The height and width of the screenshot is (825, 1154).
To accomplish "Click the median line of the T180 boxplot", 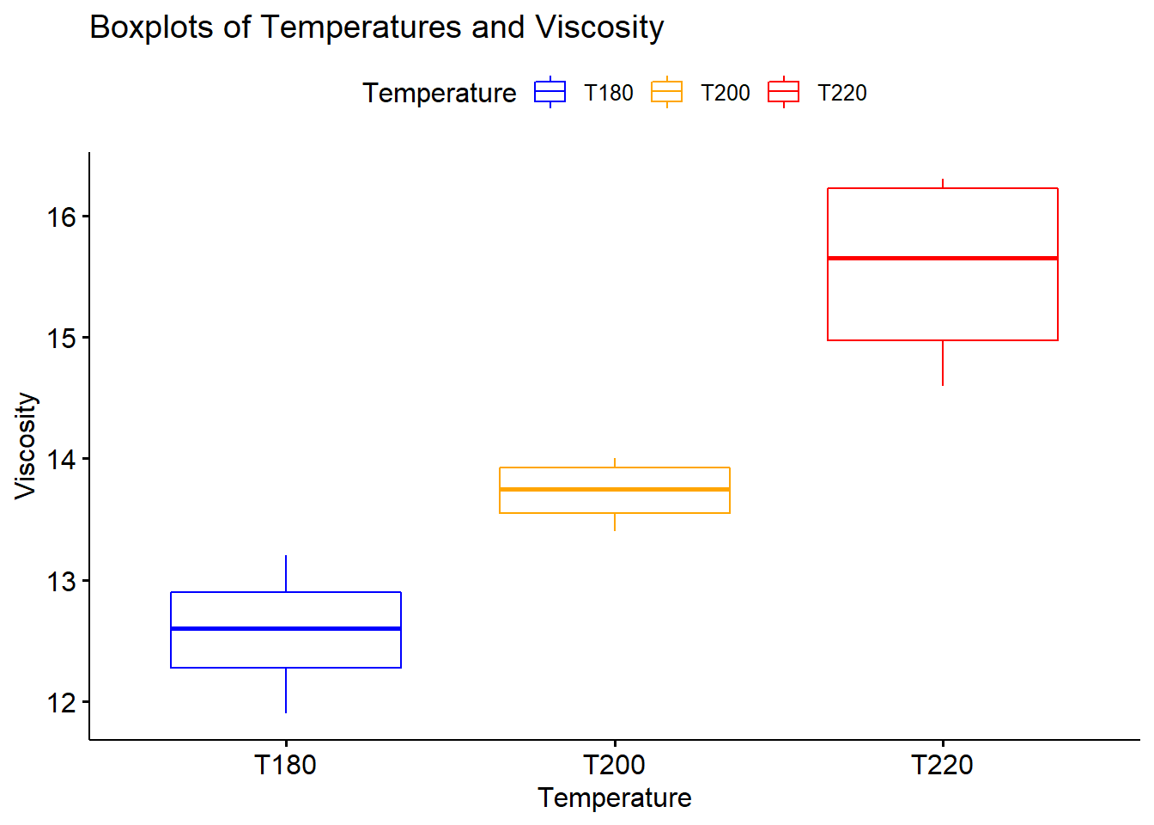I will point(286,628).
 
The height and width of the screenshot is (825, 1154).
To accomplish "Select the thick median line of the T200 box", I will point(615,489).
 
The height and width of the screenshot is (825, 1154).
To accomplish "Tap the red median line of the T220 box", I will point(943,258).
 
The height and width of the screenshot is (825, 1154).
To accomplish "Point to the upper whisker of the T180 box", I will point(286,574).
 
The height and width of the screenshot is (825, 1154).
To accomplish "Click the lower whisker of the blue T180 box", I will point(286,690).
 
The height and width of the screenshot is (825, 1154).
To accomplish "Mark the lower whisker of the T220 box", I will point(943,363).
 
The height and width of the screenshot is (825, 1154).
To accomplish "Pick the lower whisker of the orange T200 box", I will point(615,522).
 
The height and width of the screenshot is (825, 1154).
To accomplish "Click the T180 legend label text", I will point(608,93).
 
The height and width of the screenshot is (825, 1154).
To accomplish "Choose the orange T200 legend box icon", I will point(666,92).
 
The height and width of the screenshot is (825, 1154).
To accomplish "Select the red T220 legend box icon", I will point(783,92).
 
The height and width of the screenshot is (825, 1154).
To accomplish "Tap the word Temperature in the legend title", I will point(439,93).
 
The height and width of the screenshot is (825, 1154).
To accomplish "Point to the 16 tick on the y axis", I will point(62,217).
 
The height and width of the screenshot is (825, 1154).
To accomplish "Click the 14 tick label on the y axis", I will point(62,460).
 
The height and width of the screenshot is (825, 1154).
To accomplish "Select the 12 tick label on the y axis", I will point(62,703).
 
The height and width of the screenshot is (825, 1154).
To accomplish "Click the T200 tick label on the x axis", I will point(615,764).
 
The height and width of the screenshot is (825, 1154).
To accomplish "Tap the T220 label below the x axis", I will point(943,764).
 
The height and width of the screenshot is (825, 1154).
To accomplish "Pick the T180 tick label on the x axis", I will point(286,764).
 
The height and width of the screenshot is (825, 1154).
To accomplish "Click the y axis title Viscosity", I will point(26,445).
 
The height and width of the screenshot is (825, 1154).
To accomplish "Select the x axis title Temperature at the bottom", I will point(615,797).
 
